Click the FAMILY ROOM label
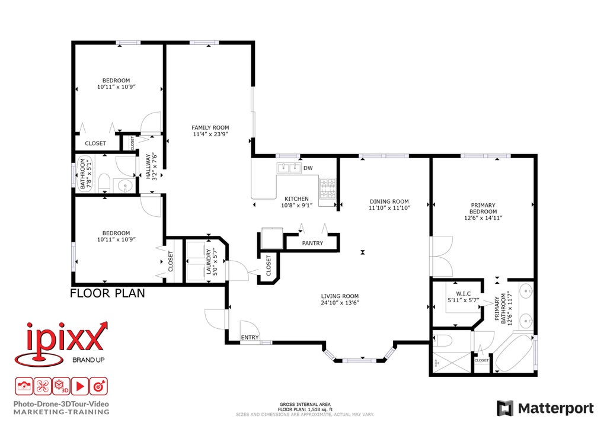210,127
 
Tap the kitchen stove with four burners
327,189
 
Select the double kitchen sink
289,168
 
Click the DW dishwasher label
308,168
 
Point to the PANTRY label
312,244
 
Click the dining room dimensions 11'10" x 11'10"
389,208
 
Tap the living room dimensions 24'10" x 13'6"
340,303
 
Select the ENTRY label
250,337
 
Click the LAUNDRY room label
209,262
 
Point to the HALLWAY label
148,167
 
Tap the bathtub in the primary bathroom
513,353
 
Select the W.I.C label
464,294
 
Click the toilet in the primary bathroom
442,341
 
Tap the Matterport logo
545,408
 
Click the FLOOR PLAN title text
108,294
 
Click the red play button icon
80,386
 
